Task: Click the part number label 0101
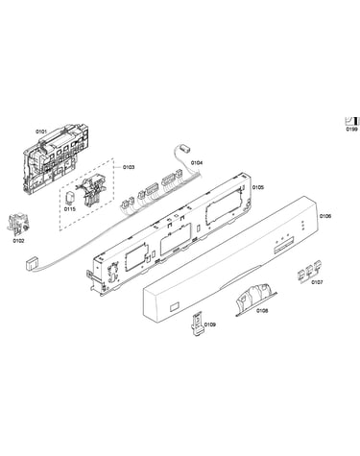41,132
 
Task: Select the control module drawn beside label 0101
55,159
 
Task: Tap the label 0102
18,241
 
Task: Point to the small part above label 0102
17,223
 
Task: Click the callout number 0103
129,167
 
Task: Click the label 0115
70,209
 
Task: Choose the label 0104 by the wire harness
197,163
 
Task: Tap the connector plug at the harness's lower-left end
32,265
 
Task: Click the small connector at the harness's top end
184,148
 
